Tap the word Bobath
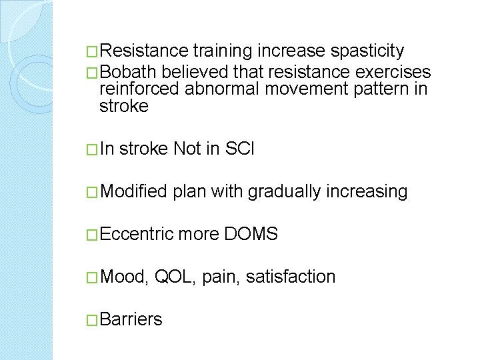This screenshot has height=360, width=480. point(130,72)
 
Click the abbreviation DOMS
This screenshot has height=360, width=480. point(251,234)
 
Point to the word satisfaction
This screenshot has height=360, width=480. point(291,277)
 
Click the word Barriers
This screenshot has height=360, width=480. point(131,319)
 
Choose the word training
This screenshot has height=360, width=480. point(223,51)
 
